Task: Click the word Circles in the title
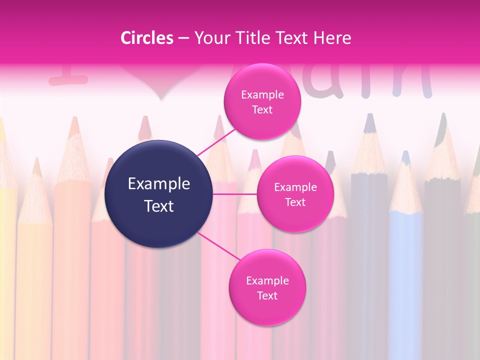[147, 38]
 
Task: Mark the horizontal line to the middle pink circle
[235, 194]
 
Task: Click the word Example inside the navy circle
[159, 184]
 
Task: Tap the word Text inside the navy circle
[159, 206]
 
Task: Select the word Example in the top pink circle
[262, 95]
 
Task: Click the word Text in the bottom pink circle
[267, 295]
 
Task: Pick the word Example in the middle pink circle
[295, 187]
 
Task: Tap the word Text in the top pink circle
[262, 110]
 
